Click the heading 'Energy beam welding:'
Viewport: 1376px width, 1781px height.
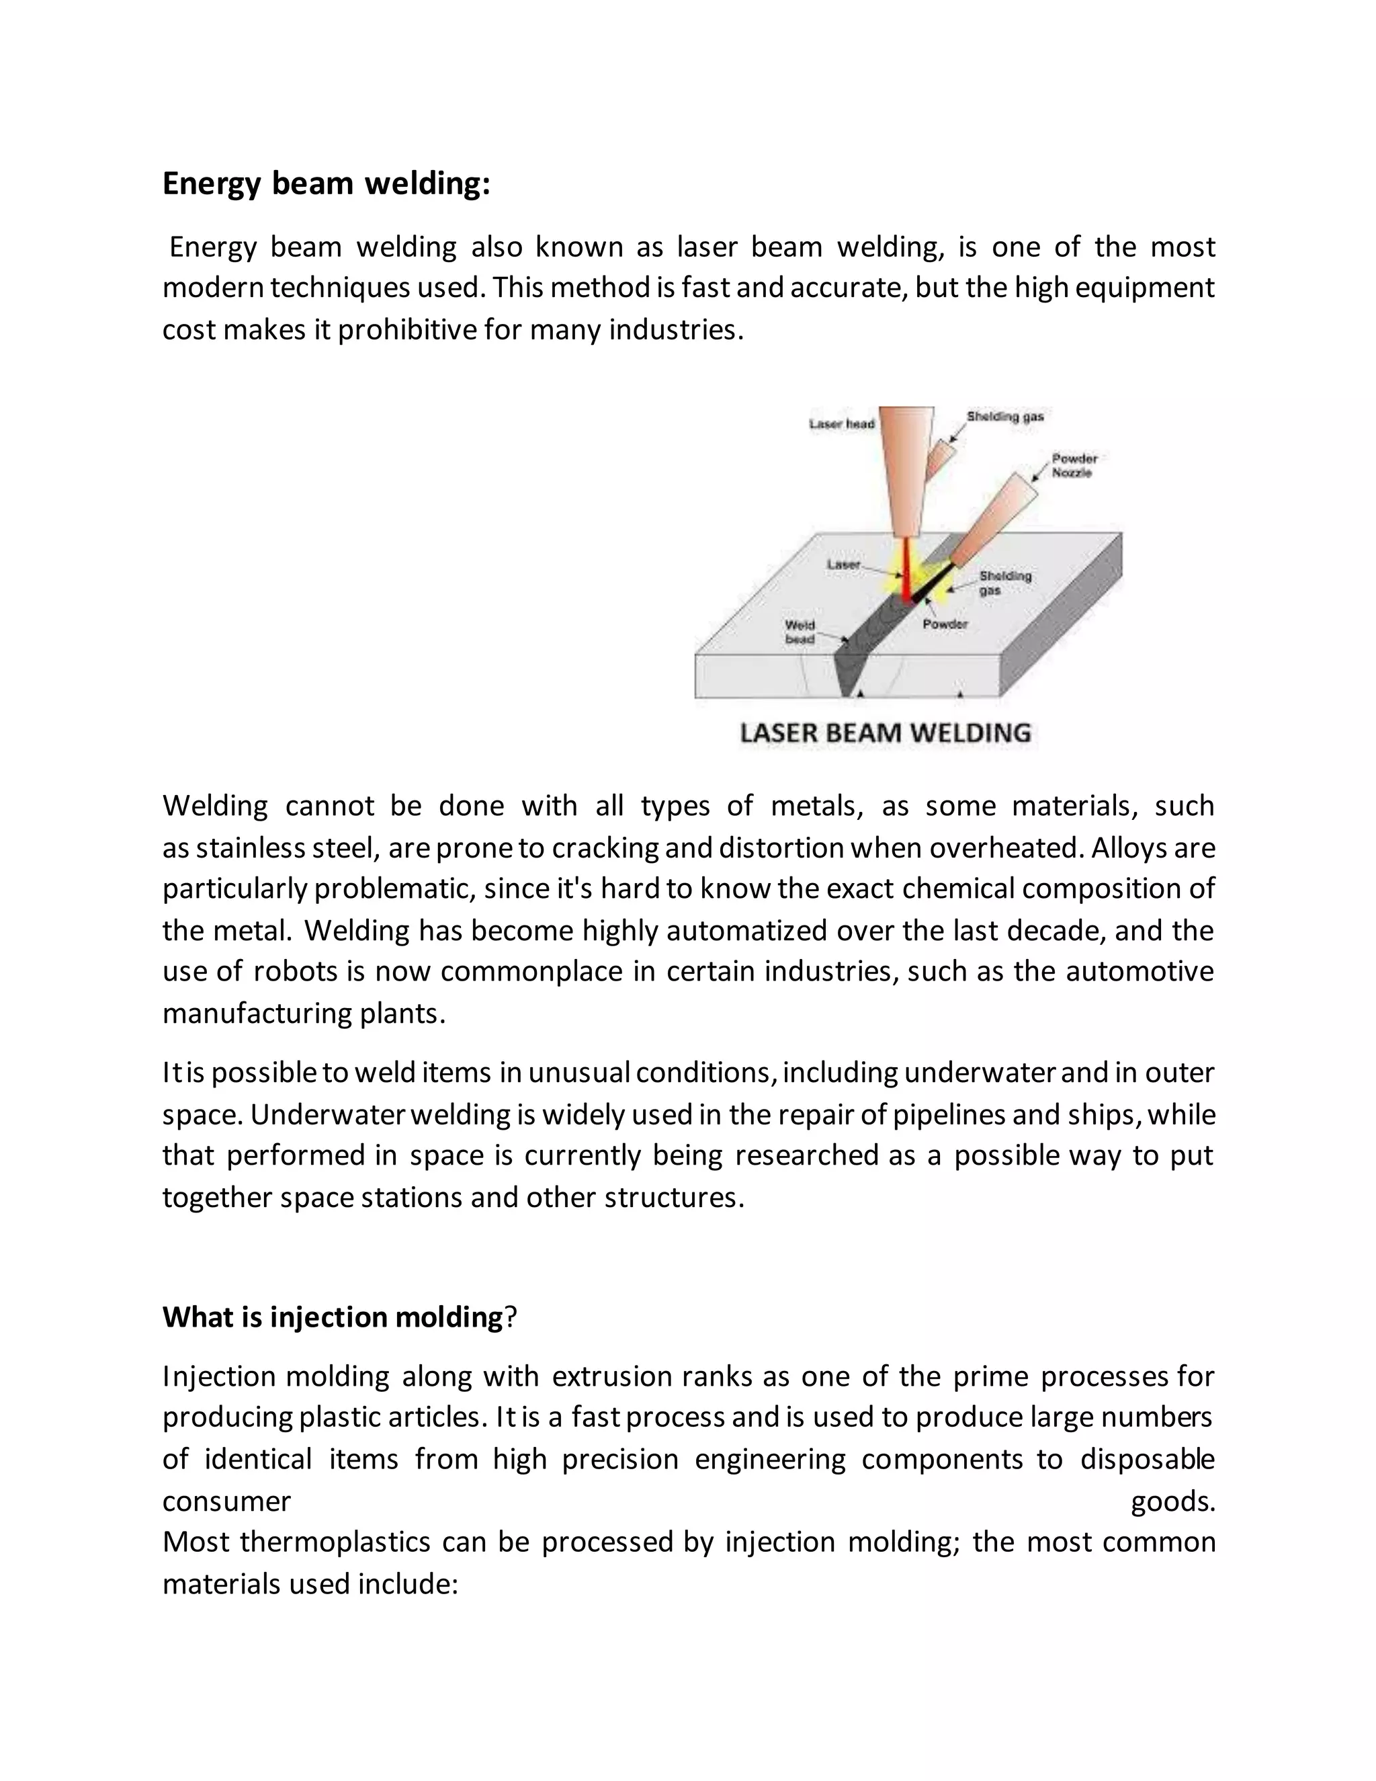tap(326, 184)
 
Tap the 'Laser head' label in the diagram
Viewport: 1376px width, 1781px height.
tap(841, 424)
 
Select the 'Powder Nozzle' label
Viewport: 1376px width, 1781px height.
tap(1074, 466)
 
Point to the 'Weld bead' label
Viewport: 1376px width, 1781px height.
tap(799, 632)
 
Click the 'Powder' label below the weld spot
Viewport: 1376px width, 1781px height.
tap(945, 624)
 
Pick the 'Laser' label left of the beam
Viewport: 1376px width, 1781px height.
tap(844, 565)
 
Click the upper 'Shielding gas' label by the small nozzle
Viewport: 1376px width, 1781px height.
tap(1004, 417)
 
